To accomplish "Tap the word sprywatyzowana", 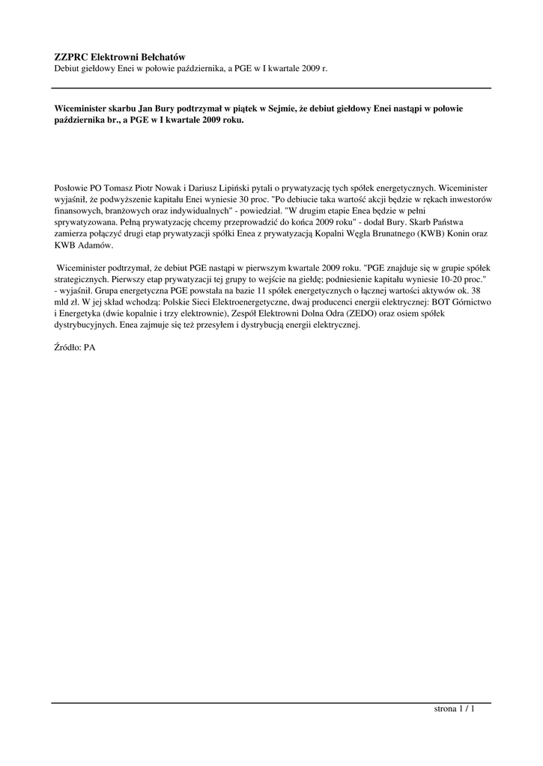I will click(x=85, y=222).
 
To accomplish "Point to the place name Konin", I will click(x=459, y=234).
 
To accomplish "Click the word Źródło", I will click(x=67, y=348).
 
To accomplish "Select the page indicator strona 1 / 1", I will click(x=455, y=709).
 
